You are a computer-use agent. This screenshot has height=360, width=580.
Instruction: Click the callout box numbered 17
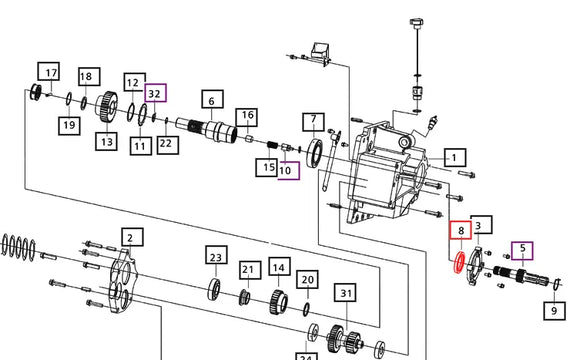[x=48, y=71]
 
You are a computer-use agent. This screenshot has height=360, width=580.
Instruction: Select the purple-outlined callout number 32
[x=156, y=93]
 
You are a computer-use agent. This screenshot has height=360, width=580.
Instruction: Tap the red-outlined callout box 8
[x=461, y=230]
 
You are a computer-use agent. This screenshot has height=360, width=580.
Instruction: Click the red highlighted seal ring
[x=459, y=262]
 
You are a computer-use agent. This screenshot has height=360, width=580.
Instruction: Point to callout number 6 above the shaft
[x=212, y=99]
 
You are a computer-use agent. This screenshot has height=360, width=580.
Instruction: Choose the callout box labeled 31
[x=345, y=293]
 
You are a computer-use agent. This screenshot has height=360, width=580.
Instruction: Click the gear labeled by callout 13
[x=107, y=106]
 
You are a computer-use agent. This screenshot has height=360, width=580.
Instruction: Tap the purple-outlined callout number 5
[x=522, y=251]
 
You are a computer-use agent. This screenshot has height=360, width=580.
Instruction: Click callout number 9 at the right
[x=554, y=311]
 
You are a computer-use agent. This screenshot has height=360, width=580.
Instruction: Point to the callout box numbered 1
[x=455, y=158]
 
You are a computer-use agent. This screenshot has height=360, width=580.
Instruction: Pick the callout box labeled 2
[x=132, y=237]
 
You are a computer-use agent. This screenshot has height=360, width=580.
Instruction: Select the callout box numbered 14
[x=279, y=267]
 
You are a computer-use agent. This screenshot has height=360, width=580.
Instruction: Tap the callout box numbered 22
[x=168, y=145]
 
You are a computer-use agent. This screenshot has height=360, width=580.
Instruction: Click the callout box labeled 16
[x=247, y=117]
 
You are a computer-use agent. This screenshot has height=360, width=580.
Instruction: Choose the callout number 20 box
[x=307, y=280]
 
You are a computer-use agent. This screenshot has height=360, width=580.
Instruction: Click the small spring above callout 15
[x=272, y=145]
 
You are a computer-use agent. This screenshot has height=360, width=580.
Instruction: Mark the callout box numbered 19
[x=70, y=125]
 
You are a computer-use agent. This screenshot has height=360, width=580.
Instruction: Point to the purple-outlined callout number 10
[x=289, y=171]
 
